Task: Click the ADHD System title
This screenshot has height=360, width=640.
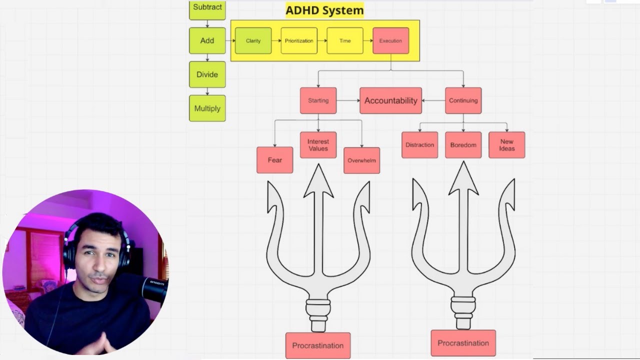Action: pyautogui.click(x=324, y=10)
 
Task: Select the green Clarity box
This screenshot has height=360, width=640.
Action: pyautogui.click(x=253, y=40)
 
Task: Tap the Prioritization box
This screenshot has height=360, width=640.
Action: pyautogui.click(x=299, y=40)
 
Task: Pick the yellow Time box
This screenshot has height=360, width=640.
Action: pyautogui.click(x=345, y=40)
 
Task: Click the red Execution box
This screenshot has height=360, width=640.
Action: pyautogui.click(x=390, y=40)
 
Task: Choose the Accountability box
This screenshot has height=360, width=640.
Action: pyautogui.click(x=390, y=100)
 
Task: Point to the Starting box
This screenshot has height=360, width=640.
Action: pyautogui.click(x=318, y=100)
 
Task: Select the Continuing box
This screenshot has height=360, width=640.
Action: pyautogui.click(x=463, y=100)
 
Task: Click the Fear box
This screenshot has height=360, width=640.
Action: pyautogui.click(x=275, y=160)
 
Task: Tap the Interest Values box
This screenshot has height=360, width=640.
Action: pyautogui.click(x=318, y=145)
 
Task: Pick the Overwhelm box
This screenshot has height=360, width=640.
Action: pyautogui.click(x=361, y=160)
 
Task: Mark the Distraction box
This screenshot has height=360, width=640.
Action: pyautogui.click(x=419, y=145)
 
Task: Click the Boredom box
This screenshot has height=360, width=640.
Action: pyautogui.click(x=463, y=145)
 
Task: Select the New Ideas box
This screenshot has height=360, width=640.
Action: pyautogui.click(x=507, y=145)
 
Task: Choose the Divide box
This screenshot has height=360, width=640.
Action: pyautogui.click(x=207, y=74)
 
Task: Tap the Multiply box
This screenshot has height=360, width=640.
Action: pyautogui.click(x=207, y=108)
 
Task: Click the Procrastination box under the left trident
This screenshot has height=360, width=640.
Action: pyautogui.click(x=318, y=345)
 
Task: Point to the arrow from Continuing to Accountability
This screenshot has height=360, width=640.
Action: pyautogui.click(x=433, y=100)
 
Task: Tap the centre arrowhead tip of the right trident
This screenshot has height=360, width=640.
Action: pyautogui.click(x=463, y=161)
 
